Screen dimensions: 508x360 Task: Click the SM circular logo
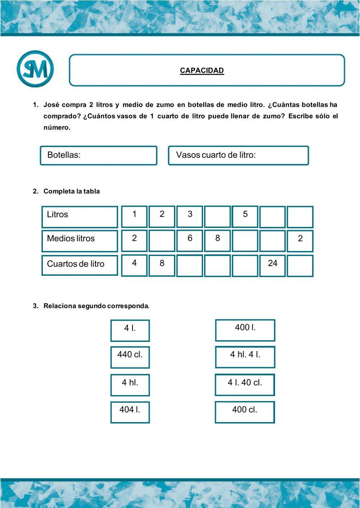pyautogui.click(x=35, y=69)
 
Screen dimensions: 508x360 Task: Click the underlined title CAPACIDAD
pyautogui.click(x=202, y=70)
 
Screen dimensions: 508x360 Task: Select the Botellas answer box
pyautogui.click(x=98, y=155)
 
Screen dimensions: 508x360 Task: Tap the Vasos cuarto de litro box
pyautogui.click(x=238, y=155)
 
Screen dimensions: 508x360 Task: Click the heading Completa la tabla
pyautogui.click(x=72, y=191)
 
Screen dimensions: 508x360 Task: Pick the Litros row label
pyautogui.click(x=80, y=217)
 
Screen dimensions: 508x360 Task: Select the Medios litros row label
pyautogui.click(x=80, y=241)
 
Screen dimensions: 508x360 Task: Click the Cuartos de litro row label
pyautogui.click(x=80, y=265)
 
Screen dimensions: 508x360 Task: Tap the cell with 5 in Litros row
pyautogui.click(x=245, y=217)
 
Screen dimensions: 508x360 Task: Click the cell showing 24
pyautogui.click(x=273, y=266)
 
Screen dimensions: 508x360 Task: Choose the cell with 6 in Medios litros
pyautogui.click(x=190, y=241)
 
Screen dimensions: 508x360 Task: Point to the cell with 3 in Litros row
pyautogui.click(x=190, y=217)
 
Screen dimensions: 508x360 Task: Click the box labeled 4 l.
pyautogui.click(x=130, y=330)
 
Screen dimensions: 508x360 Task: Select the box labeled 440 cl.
pyautogui.click(x=130, y=357)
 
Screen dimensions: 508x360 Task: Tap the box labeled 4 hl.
pyautogui.click(x=130, y=385)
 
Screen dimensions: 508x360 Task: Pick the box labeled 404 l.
pyautogui.click(x=130, y=412)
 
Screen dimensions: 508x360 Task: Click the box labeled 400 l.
pyautogui.click(x=245, y=330)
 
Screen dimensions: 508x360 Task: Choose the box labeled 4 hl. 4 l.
pyautogui.click(x=245, y=357)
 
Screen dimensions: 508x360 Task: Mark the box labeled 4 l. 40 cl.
pyautogui.click(x=245, y=385)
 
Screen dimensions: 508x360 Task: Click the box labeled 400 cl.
pyautogui.click(x=245, y=412)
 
